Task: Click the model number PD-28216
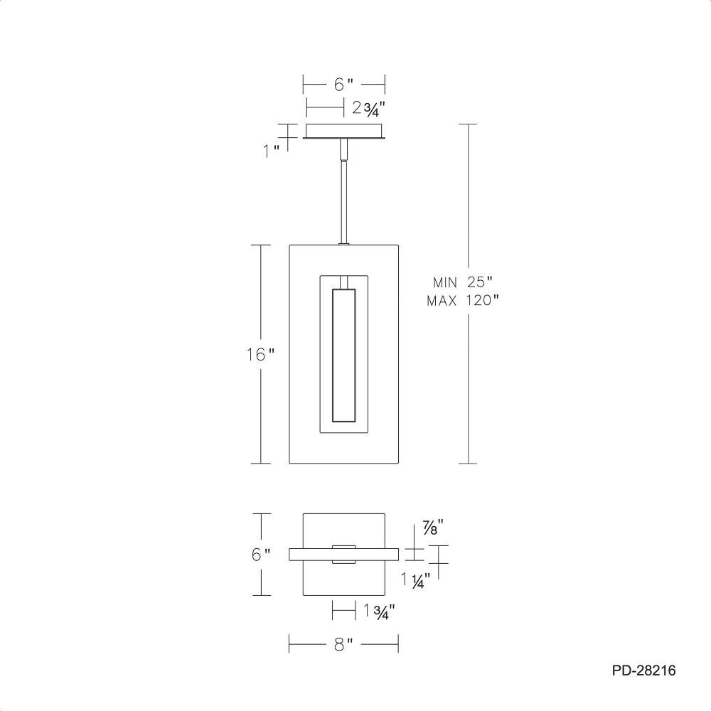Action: coord(643,670)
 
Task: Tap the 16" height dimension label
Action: coord(260,354)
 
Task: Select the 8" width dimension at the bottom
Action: coord(343,644)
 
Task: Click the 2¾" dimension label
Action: coord(368,109)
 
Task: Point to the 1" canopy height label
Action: coord(271,151)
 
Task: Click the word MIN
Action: coord(445,282)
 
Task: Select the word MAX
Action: coord(442,301)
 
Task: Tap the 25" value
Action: coord(480,282)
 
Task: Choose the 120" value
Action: coord(483,300)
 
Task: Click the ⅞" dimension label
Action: coord(432,528)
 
